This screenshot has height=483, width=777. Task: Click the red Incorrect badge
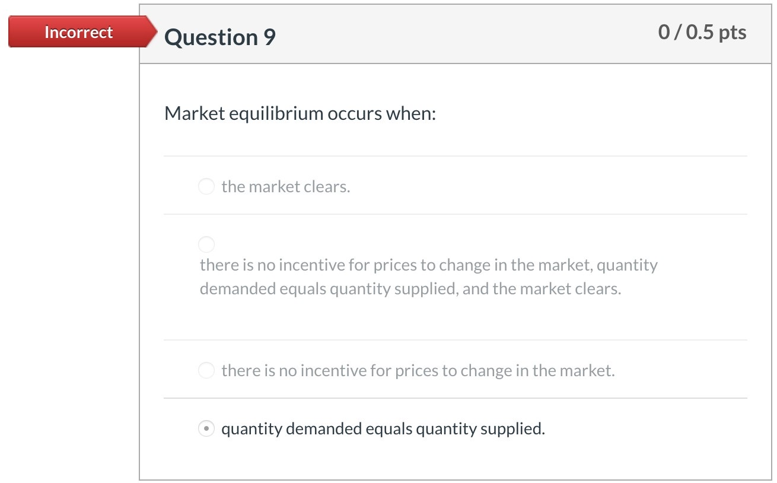[x=78, y=32]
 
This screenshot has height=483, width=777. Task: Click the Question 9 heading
[x=220, y=37]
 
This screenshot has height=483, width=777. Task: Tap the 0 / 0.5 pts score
[x=702, y=32]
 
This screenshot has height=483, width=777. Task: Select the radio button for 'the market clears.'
[x=206, y=187]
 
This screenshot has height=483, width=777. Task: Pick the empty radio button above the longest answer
[x=206, y=244]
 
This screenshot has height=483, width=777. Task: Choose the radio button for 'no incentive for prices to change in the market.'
[x=206, y=371]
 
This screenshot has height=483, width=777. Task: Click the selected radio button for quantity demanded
[x=206, y=428]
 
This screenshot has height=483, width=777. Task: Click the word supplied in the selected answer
[x=512, y=428]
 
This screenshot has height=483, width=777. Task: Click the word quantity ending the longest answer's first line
[x=627, y=265]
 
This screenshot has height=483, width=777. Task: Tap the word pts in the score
[x=732, y=32]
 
